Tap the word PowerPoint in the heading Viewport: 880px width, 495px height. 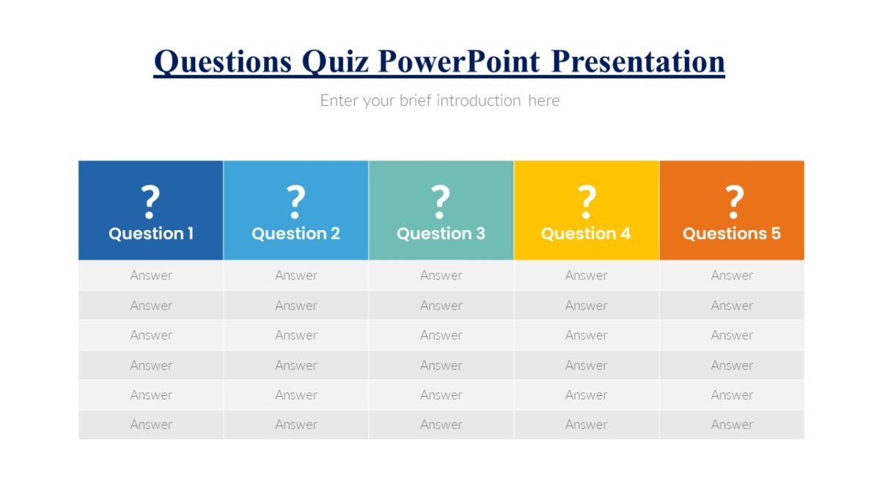click(x=459, y=62)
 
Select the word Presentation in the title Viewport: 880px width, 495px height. click(x=637, y=62)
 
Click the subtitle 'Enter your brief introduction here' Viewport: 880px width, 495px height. click(x=439, y=100)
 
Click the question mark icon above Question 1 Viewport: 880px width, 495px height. click(x=150, y=202)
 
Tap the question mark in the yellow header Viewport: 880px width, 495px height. click(x=586, y=202)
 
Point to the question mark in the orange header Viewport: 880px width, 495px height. click(x=733, y=202)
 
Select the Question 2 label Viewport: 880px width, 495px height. click(x=296, y=234)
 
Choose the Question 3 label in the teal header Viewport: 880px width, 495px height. click(x=441, y=234)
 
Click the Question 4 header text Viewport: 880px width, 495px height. click(x=586, y=234)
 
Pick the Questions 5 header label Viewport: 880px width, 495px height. click(x=732, y=234)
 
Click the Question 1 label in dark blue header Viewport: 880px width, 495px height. click(x=151, y=234)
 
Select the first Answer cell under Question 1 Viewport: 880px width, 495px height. click(x=151, y=276)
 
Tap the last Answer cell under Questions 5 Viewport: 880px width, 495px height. click(x=732, y=425)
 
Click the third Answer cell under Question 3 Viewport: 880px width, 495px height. click(x=441, y=335)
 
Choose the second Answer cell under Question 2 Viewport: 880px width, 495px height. click(x=296, y=306)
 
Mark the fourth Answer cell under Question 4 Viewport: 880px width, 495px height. click(x=586, y=365)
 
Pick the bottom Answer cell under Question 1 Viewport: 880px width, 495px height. click(x=151, y=425)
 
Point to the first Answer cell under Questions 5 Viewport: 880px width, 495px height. click(x=732, y=276)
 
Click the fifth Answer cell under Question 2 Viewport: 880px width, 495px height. click(x=296, y=395)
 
